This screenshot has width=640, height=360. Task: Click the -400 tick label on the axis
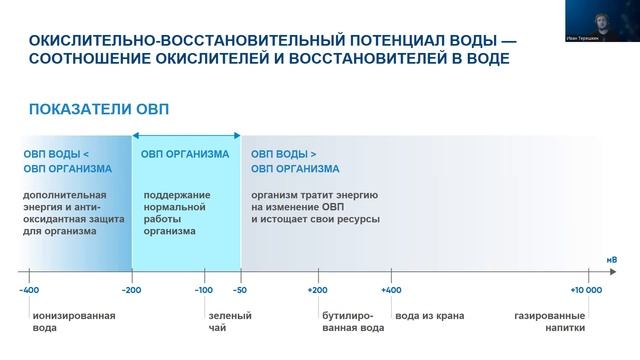[30, 290]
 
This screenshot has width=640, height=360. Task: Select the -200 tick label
[131, 290]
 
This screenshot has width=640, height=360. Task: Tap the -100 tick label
[204, 290]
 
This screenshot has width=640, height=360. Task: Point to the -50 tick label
[240, 290]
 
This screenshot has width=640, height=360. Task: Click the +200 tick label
[318, 290]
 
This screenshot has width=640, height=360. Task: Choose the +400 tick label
[391, 290]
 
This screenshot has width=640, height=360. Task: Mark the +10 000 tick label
[586, 290]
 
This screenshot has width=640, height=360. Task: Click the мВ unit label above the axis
[611, 260]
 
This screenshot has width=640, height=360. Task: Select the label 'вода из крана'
[430, 316]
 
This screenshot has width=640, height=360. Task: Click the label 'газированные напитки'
[550, 322]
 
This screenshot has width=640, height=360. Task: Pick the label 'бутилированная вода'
[352, 322]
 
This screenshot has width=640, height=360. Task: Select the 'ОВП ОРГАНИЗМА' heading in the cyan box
[185, 154]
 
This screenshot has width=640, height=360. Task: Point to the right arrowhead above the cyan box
[237, 134]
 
